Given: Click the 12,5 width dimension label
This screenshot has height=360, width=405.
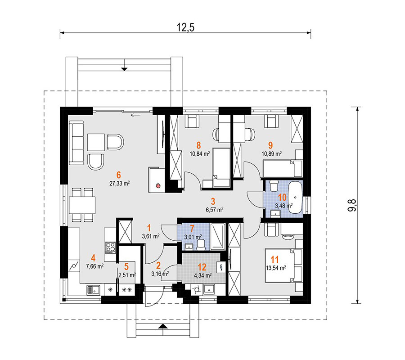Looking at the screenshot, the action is pos(185,27).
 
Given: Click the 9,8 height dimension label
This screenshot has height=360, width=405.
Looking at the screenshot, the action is pos(352,206).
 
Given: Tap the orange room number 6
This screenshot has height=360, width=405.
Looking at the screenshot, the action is pos(118,175).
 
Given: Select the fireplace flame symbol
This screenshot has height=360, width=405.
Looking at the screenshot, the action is pos(158,185).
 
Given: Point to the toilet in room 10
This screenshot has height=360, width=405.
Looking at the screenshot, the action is pos(274,185).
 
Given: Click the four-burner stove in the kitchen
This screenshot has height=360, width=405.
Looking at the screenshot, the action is pos(111,247).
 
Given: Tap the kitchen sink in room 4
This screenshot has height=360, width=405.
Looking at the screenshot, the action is pos(93,290).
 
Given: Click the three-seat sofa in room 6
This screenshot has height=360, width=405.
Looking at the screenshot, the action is pos(76,143).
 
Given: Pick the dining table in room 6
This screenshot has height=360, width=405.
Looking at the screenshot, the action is pos(82,205).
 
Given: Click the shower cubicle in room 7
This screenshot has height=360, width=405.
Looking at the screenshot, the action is pos(218,237).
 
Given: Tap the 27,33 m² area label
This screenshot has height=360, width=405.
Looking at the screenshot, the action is pos(120,183).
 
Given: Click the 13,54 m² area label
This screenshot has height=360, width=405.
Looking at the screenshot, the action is pos(276,268).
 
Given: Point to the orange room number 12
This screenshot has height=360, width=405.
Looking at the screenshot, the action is pos(202,267).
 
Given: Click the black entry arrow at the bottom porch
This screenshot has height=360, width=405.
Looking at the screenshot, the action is pos(163,326).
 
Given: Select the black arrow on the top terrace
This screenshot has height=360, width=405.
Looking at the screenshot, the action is pos(125,69).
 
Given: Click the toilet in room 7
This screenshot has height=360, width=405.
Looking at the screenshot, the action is pos(201,245).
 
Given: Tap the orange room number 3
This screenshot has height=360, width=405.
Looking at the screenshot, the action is pos(213,201).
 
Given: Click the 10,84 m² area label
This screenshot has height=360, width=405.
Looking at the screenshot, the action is pos(200,154).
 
